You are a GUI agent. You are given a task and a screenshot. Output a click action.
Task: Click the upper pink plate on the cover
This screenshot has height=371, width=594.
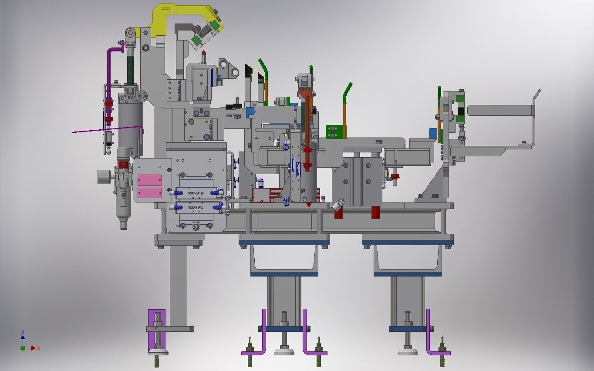click(x=150, y=180)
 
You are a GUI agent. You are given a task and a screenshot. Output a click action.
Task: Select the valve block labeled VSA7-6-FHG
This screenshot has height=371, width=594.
click(x=196, y=192)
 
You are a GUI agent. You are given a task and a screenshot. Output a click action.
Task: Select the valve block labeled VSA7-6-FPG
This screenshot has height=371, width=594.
click(x=196, y=208)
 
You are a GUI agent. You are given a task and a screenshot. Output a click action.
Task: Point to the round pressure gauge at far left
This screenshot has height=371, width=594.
click(x=104, y=176)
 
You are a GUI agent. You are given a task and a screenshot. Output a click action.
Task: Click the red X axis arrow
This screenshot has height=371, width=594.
click(x=33, y=348)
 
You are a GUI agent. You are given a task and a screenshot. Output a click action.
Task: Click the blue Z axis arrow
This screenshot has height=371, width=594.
click(x=23, y=337)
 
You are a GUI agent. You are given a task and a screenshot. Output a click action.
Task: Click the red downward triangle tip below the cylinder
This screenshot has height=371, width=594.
click(x=309, y=204)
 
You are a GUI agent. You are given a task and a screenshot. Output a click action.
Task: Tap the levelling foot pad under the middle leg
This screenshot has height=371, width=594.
click(x=284, y=351)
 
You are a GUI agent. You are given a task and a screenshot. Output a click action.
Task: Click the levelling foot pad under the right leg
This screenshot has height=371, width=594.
click(x=408, y=351)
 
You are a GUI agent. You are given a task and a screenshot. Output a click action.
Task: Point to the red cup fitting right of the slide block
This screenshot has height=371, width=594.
click(x=395, y=176)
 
